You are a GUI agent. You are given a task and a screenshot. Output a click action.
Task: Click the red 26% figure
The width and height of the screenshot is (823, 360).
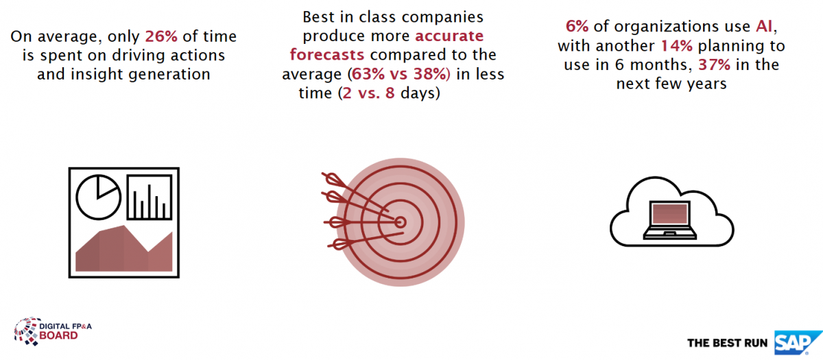tap(161, 36)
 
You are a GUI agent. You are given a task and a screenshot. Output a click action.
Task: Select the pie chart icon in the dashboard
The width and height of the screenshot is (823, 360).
tap(99, 197)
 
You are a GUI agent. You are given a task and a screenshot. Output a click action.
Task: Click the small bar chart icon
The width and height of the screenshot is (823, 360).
tap(150, 197)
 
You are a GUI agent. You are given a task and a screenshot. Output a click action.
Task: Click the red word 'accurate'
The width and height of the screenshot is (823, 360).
tap(449, 36)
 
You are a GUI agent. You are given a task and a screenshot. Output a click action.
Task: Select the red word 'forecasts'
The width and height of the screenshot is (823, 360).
tap(327, 55)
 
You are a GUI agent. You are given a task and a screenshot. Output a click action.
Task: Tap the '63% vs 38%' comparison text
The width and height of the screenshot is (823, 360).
tap(399, 74)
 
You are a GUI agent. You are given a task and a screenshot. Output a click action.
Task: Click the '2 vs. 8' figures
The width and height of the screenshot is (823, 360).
tap(368, 93)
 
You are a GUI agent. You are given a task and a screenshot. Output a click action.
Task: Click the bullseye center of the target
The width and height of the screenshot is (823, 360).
tap(401, 222)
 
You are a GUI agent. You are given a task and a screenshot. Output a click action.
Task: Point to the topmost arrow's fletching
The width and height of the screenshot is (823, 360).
tap(333, 179)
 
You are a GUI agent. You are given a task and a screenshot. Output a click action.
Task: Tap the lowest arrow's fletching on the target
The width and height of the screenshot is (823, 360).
tap(338, 244)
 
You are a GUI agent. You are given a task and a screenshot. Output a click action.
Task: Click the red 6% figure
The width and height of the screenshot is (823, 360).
tap(577, 27)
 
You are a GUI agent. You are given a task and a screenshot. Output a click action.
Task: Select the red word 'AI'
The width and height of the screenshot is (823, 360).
tap(764, 27)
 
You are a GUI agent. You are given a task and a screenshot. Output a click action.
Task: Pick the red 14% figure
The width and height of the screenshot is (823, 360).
tap(676, 46)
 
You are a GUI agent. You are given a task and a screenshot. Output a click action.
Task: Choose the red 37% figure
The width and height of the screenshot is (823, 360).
tap(714, 65)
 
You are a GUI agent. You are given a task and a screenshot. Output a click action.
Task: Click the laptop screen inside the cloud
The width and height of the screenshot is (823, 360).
tap(669, 214)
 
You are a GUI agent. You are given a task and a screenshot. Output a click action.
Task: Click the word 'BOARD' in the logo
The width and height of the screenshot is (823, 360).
tap(58, 336)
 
